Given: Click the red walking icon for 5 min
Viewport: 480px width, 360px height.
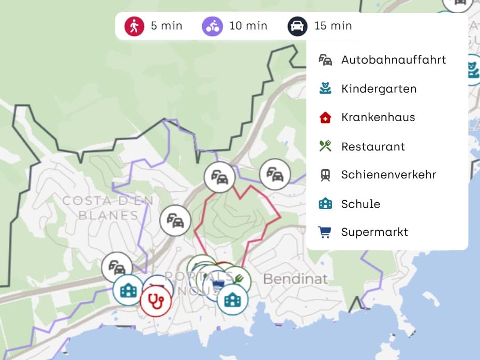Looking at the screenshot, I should click(134, 26).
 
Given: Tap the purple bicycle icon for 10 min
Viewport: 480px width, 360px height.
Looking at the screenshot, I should click(212, 26).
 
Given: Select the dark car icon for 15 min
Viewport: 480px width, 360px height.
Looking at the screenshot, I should click(297, 26).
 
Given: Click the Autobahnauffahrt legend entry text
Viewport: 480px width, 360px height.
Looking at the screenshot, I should click(393, 59).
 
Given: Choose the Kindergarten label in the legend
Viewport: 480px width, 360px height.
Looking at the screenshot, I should click(379, 88).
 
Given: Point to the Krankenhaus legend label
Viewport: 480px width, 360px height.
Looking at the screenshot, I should click(378, 117).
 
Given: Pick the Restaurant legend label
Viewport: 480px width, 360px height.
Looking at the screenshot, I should click(373, 146).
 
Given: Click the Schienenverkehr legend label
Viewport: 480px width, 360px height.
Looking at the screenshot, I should click(388, 175).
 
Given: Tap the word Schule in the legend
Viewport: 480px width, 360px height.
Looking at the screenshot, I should click(361, 204).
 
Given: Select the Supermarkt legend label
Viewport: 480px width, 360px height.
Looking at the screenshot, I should click(374, 232).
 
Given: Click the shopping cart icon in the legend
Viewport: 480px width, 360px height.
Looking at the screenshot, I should click(325, 232).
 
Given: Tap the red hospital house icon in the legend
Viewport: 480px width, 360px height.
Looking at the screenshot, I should click(325, 117).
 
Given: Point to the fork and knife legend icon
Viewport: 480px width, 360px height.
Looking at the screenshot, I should click(325, 146).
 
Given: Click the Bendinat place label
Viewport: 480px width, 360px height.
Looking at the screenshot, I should click(295, 279).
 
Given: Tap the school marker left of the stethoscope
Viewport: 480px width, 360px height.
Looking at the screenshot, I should click(128, 290).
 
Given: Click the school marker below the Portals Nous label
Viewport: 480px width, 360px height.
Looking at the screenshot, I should click(232, 299).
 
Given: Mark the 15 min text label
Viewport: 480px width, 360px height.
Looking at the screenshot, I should click(333, 26).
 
